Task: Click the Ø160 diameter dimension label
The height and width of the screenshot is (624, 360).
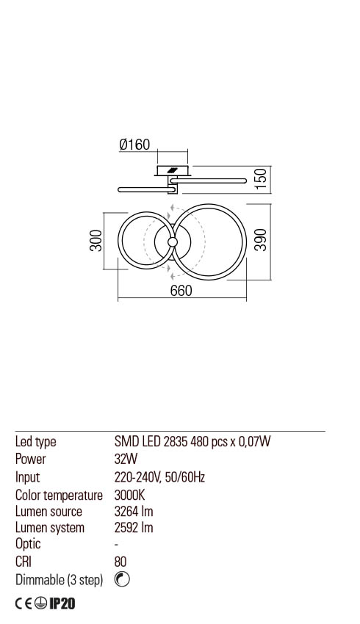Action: coord(134,145)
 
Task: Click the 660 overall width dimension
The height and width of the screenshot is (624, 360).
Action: coord(181,291)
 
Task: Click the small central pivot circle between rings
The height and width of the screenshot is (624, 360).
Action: coord(172,242)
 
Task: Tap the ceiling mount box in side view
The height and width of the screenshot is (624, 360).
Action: coord(173,171)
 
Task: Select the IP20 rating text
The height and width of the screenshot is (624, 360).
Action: coord(63,604)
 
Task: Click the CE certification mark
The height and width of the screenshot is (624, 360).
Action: coord(25,604)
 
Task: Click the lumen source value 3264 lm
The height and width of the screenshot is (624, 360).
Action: coord(134,512)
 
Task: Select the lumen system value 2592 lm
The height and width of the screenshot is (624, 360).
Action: coord(134,528)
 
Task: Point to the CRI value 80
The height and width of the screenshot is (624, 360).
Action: coord(120,562)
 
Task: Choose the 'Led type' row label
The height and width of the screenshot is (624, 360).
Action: coord(36,442)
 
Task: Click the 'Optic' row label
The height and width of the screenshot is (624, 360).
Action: coord(28,545)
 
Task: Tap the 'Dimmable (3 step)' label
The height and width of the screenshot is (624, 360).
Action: coord(59,580)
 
